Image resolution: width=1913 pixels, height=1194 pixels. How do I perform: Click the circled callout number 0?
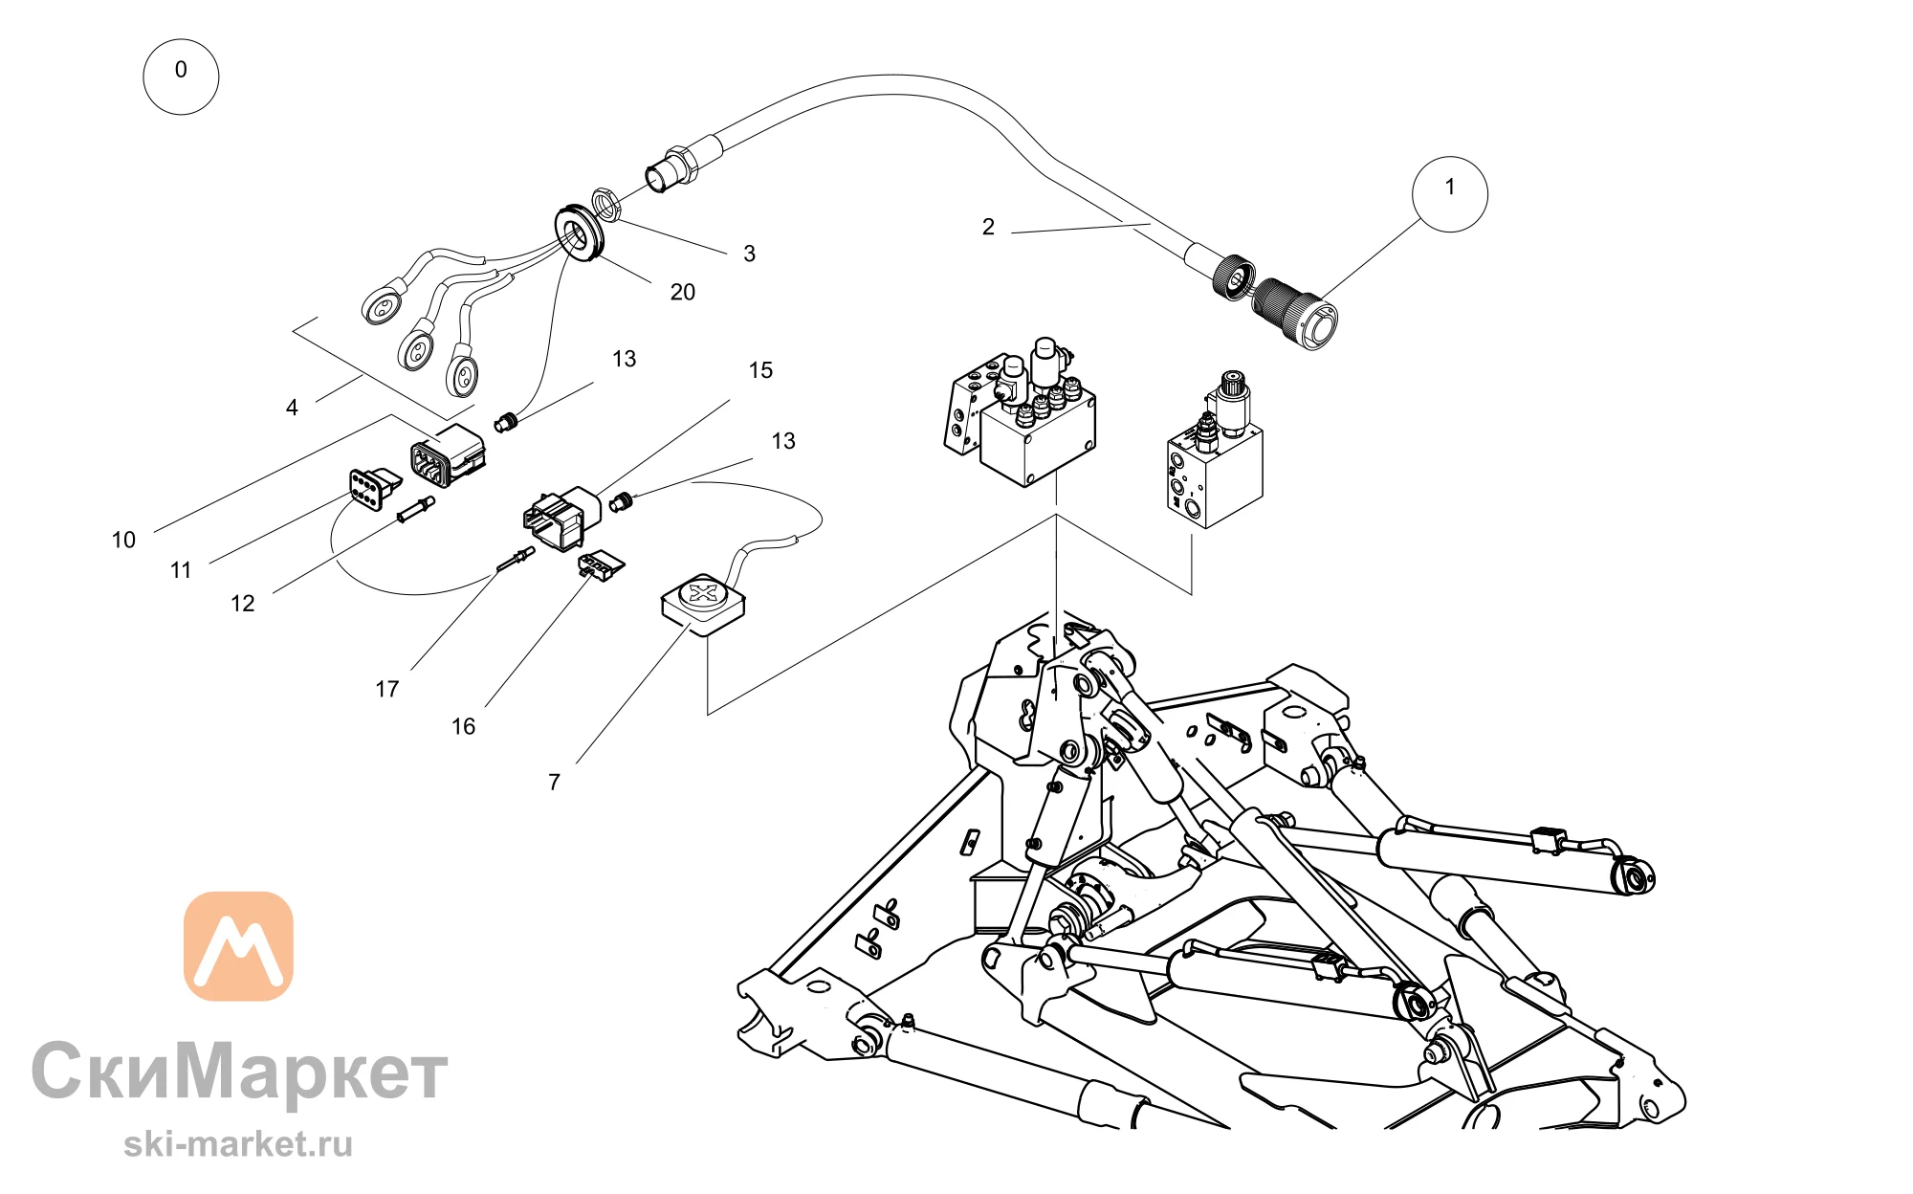(181, 77)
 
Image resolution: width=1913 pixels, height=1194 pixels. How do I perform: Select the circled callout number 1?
(1450, 194)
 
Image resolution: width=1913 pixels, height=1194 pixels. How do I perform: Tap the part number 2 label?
(988, 227)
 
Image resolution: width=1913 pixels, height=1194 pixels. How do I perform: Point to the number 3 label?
(750, 254)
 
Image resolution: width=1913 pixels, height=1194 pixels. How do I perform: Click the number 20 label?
(682, 292)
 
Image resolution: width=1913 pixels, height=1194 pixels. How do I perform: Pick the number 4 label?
(292, 408)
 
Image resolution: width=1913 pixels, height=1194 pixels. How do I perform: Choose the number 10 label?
(123, 540)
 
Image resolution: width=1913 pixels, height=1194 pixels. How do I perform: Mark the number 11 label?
(181, 570)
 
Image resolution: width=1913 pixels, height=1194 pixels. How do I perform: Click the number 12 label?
(243, 604)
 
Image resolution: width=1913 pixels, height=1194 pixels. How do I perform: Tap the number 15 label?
(760, 370)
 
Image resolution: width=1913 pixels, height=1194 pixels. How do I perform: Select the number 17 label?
(386, 689)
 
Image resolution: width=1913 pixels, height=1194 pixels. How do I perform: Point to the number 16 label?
(463, 727)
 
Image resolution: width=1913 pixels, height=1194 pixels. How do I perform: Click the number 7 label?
(554, 783)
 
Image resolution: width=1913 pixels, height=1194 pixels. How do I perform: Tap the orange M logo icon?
(238, 946)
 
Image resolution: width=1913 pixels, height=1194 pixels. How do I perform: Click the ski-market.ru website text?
(238, 1144)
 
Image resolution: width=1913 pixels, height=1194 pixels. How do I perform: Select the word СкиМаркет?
(239, 1072)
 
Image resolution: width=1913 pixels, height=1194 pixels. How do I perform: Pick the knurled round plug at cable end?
(1295, 313)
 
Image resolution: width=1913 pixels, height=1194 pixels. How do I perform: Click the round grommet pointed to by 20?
(580, 232)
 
